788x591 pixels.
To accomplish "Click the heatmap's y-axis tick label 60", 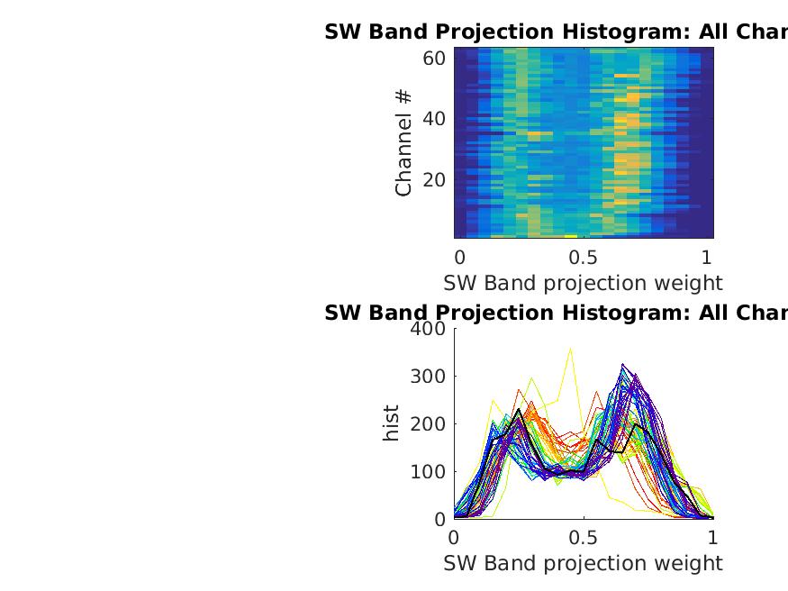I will [x=434, y=59].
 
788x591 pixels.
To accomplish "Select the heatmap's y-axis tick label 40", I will [x=434, y=119].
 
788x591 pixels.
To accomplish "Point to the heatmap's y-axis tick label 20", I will [x=434, y=179].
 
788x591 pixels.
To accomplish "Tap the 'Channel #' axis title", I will [x=404, y=142].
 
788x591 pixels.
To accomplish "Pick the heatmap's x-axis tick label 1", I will [x=707, y=256].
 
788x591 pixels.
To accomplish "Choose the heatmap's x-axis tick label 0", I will [x=459, y=256].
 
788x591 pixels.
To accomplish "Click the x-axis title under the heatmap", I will [x=583, y=283].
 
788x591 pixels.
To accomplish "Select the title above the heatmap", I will [x=556, y=32].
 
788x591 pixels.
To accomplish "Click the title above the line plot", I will [x=556, y=313].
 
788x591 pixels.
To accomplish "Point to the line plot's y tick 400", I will [x=429, y=329].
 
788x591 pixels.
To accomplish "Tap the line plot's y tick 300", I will [x=429, y=377].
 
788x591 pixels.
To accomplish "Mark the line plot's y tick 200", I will [x=429, y=424].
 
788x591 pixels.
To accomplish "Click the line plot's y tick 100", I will [x=429, y=472].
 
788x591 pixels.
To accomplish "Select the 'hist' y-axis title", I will [x=391, y=423].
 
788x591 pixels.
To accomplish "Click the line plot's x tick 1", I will [x=713, y=538].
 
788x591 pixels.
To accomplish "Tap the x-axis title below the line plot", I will [x=583, y=564].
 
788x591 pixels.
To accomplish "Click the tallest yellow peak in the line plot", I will [x=570, y=349].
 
